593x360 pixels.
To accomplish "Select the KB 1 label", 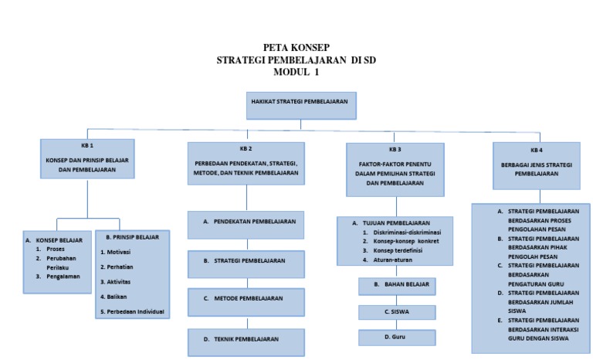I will click(87, 146).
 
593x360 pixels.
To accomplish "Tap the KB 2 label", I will click(246, 148).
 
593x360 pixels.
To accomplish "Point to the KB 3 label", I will click(395, 149).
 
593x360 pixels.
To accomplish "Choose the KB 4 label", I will click(537, 150).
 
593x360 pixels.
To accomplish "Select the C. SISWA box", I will click(396, 312).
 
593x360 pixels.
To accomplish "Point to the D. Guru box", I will click(396, 338).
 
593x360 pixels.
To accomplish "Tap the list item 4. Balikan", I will click(116, 297).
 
